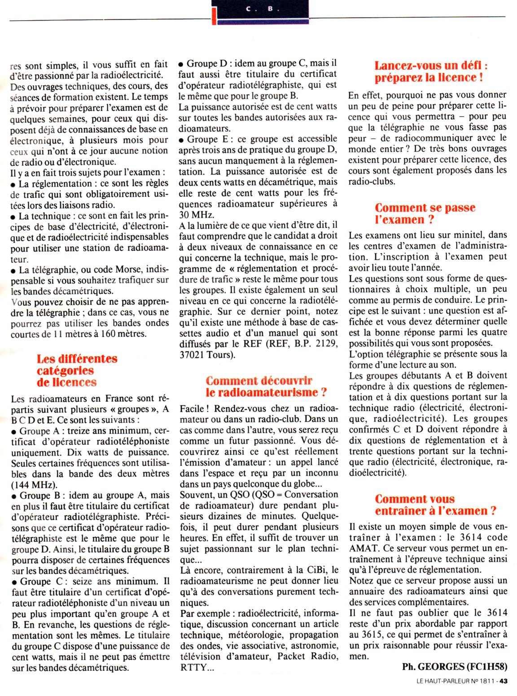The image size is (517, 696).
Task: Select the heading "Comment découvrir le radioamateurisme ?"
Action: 265,387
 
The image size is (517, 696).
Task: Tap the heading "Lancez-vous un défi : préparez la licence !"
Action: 431,71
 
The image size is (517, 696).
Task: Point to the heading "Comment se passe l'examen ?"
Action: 425,213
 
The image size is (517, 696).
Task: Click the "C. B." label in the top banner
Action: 259,8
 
